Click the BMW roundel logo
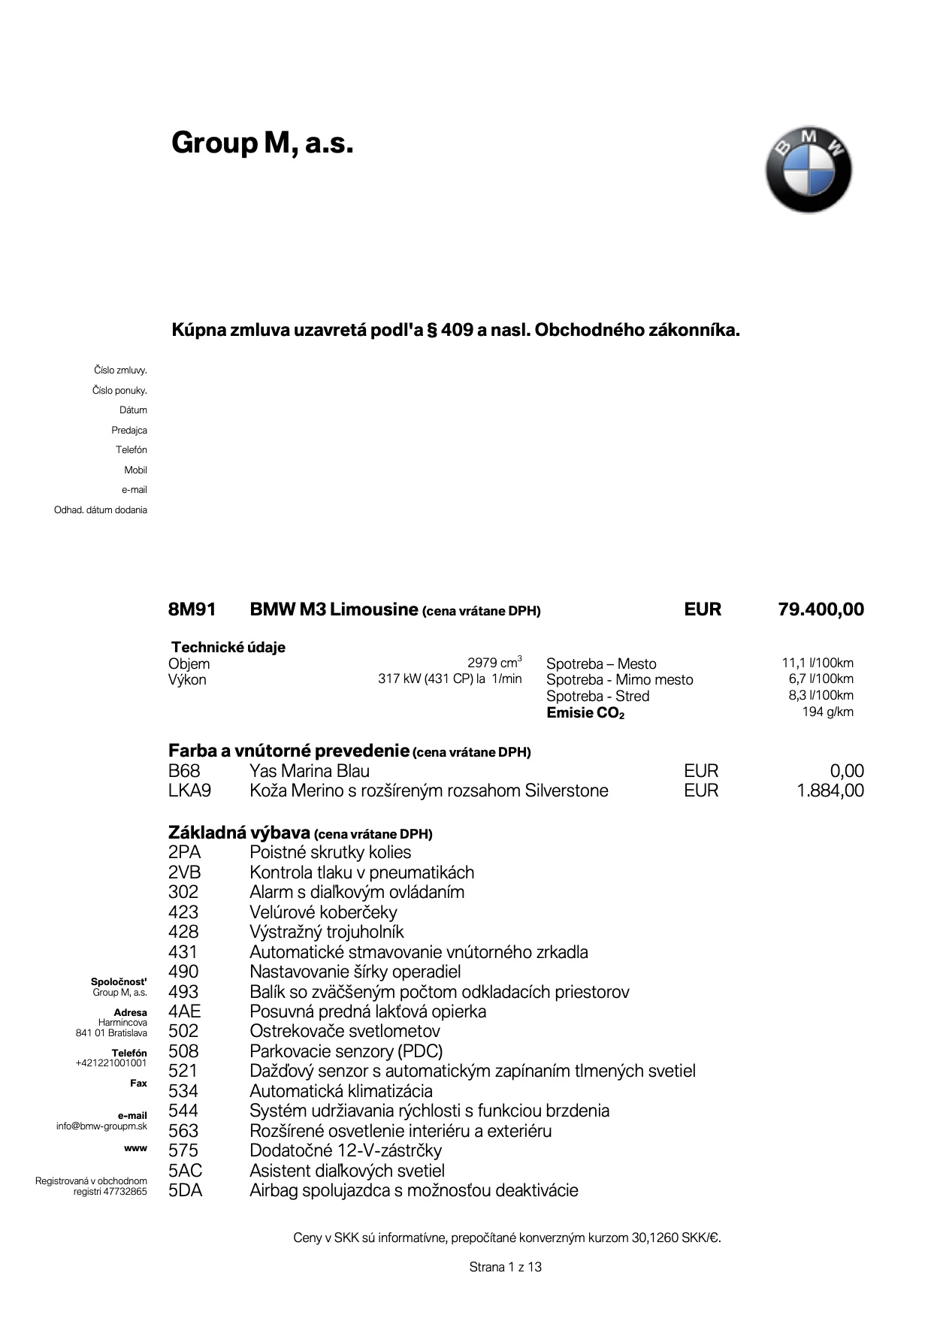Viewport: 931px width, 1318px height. click(809, 170)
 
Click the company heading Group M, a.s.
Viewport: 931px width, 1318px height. click(262, 142)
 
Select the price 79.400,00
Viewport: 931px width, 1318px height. click(821, 609)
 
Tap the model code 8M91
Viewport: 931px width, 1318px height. click(192, 609)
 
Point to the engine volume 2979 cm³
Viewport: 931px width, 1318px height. click(494, 663)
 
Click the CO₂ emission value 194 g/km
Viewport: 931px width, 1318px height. click(827, 712)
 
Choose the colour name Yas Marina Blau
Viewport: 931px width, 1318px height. click(310, 771)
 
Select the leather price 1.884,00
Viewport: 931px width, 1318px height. click(830, 790)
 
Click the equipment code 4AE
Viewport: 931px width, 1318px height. click(184, 1011)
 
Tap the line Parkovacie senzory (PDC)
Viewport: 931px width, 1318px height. click(346, 1051)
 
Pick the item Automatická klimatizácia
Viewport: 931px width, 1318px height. click(341, 1091)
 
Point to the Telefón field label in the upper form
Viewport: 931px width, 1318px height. click(131, 450)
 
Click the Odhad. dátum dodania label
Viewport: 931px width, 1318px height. click(101, 510)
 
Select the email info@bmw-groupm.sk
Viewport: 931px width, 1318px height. click(101, 1126)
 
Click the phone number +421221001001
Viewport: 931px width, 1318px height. click(110, 1063)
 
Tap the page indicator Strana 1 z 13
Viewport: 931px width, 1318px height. click(505, 1267)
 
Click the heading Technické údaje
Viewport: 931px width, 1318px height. click(228, 647)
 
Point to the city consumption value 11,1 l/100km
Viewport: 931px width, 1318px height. click(818, 663)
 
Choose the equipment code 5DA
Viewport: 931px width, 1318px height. click(185, 1190)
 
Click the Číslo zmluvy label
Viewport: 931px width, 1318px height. click(120, 370)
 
